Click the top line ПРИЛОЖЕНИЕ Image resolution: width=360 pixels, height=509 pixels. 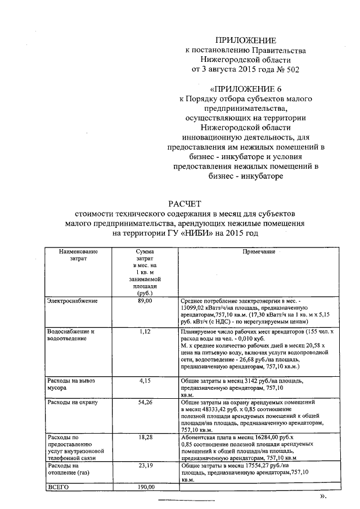click(247, 40)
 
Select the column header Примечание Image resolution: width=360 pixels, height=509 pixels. click(259, 252)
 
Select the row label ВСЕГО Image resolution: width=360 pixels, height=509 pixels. click(58, 487)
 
